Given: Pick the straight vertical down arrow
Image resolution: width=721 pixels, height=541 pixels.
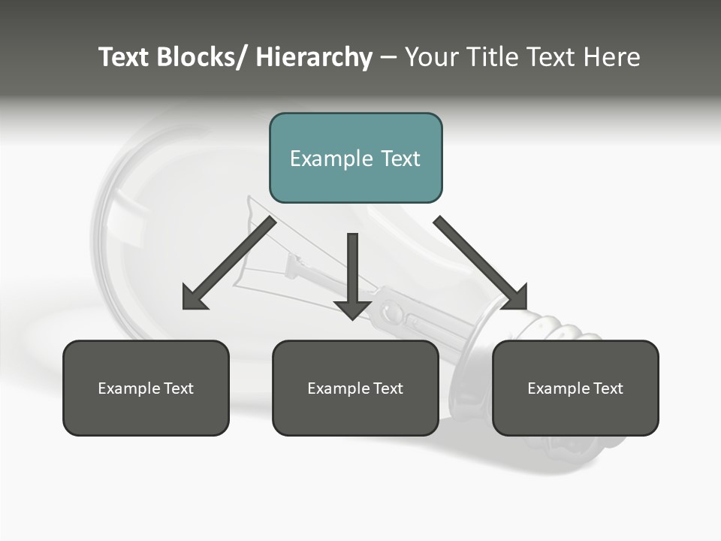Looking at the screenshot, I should pos(352,270).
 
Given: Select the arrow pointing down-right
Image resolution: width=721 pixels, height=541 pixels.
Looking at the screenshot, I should pos(477,259).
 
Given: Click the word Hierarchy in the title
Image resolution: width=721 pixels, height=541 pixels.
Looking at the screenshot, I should pos(314,57).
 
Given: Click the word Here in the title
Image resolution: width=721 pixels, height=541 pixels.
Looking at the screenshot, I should pos(612,57).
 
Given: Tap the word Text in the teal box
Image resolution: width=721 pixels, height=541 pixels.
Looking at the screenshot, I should pos(400,159).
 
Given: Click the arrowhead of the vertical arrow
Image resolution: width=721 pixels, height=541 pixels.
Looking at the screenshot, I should pos(352,308).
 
